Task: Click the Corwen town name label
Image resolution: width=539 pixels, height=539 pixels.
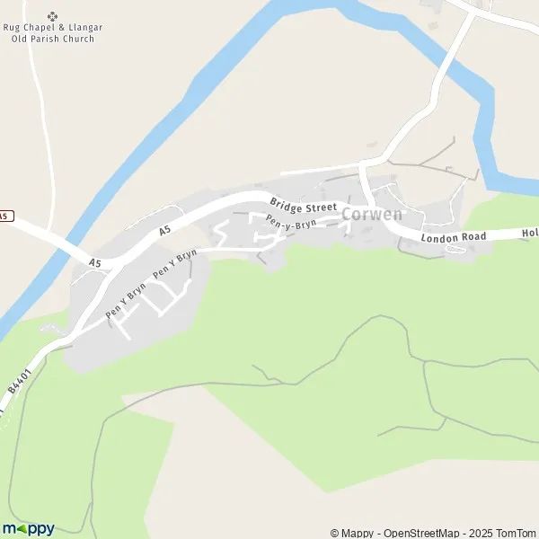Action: click(x=372, y=216)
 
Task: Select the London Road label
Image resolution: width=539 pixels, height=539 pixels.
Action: click(x=454, y=237)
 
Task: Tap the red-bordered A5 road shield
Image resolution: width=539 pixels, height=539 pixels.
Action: click(x=5, y=216)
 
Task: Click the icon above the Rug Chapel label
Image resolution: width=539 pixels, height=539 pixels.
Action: click(x=51, y=15)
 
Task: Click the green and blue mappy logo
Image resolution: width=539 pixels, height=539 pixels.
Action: click(x=28, y=528)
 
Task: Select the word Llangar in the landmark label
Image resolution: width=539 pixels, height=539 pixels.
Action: click(x=84, y=28)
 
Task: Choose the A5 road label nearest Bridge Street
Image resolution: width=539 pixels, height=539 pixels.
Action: click(x=164, y=231)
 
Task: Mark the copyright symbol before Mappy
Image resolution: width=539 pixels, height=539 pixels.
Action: click(x=335, y=533)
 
